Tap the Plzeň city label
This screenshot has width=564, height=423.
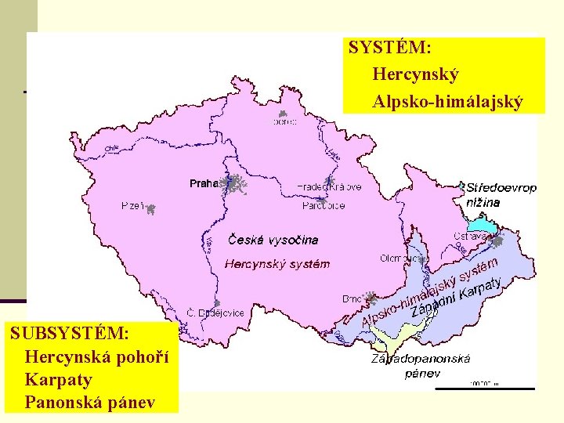click(132, 205)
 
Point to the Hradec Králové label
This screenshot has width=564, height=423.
click(329, 187)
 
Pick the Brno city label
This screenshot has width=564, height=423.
click(352, 298)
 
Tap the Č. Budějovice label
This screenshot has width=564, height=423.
click(215, 313)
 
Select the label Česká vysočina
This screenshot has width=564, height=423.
click(273, 240)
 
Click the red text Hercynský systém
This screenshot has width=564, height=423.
click(277, 264)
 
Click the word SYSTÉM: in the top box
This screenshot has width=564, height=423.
click(389, 48)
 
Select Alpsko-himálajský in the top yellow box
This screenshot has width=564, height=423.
click(447, 102)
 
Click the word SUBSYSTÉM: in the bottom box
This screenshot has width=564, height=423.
click(70, 332)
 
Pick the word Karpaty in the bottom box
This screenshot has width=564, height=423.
click(59, 380)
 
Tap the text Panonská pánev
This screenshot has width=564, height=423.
click(90, 403)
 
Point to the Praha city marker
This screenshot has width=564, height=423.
click(233, 184)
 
